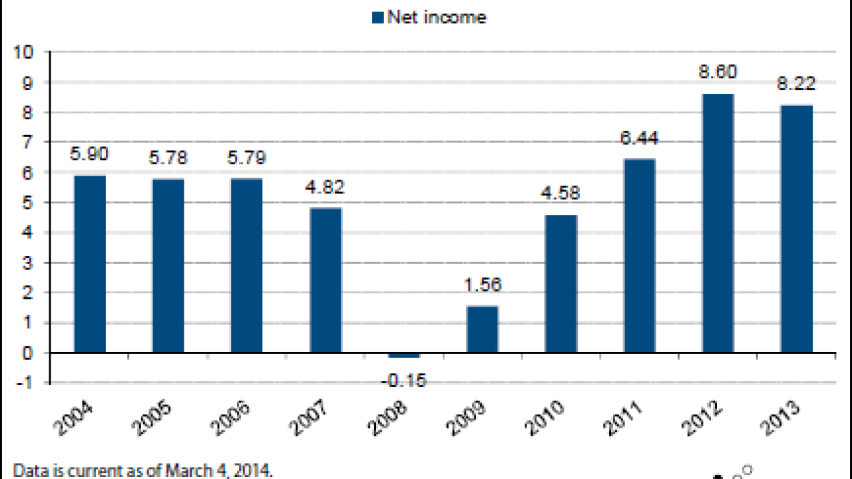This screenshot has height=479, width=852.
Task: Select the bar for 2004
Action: pos(90,263)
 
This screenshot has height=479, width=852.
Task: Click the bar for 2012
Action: pos(718,223)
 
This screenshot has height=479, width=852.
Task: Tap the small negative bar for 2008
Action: pos(404,355)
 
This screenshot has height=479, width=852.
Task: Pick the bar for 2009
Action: pos(483,329)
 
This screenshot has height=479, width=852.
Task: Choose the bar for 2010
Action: pos(561,283)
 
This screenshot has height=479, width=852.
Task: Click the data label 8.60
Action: pos(718,72)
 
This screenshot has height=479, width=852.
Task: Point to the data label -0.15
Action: pos(404,381)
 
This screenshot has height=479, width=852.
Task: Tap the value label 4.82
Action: pos(325,187)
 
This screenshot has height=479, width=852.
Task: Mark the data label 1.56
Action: pos(483,285)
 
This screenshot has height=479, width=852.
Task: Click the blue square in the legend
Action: pos(378,17)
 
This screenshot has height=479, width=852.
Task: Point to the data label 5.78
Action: pos(168,158)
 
